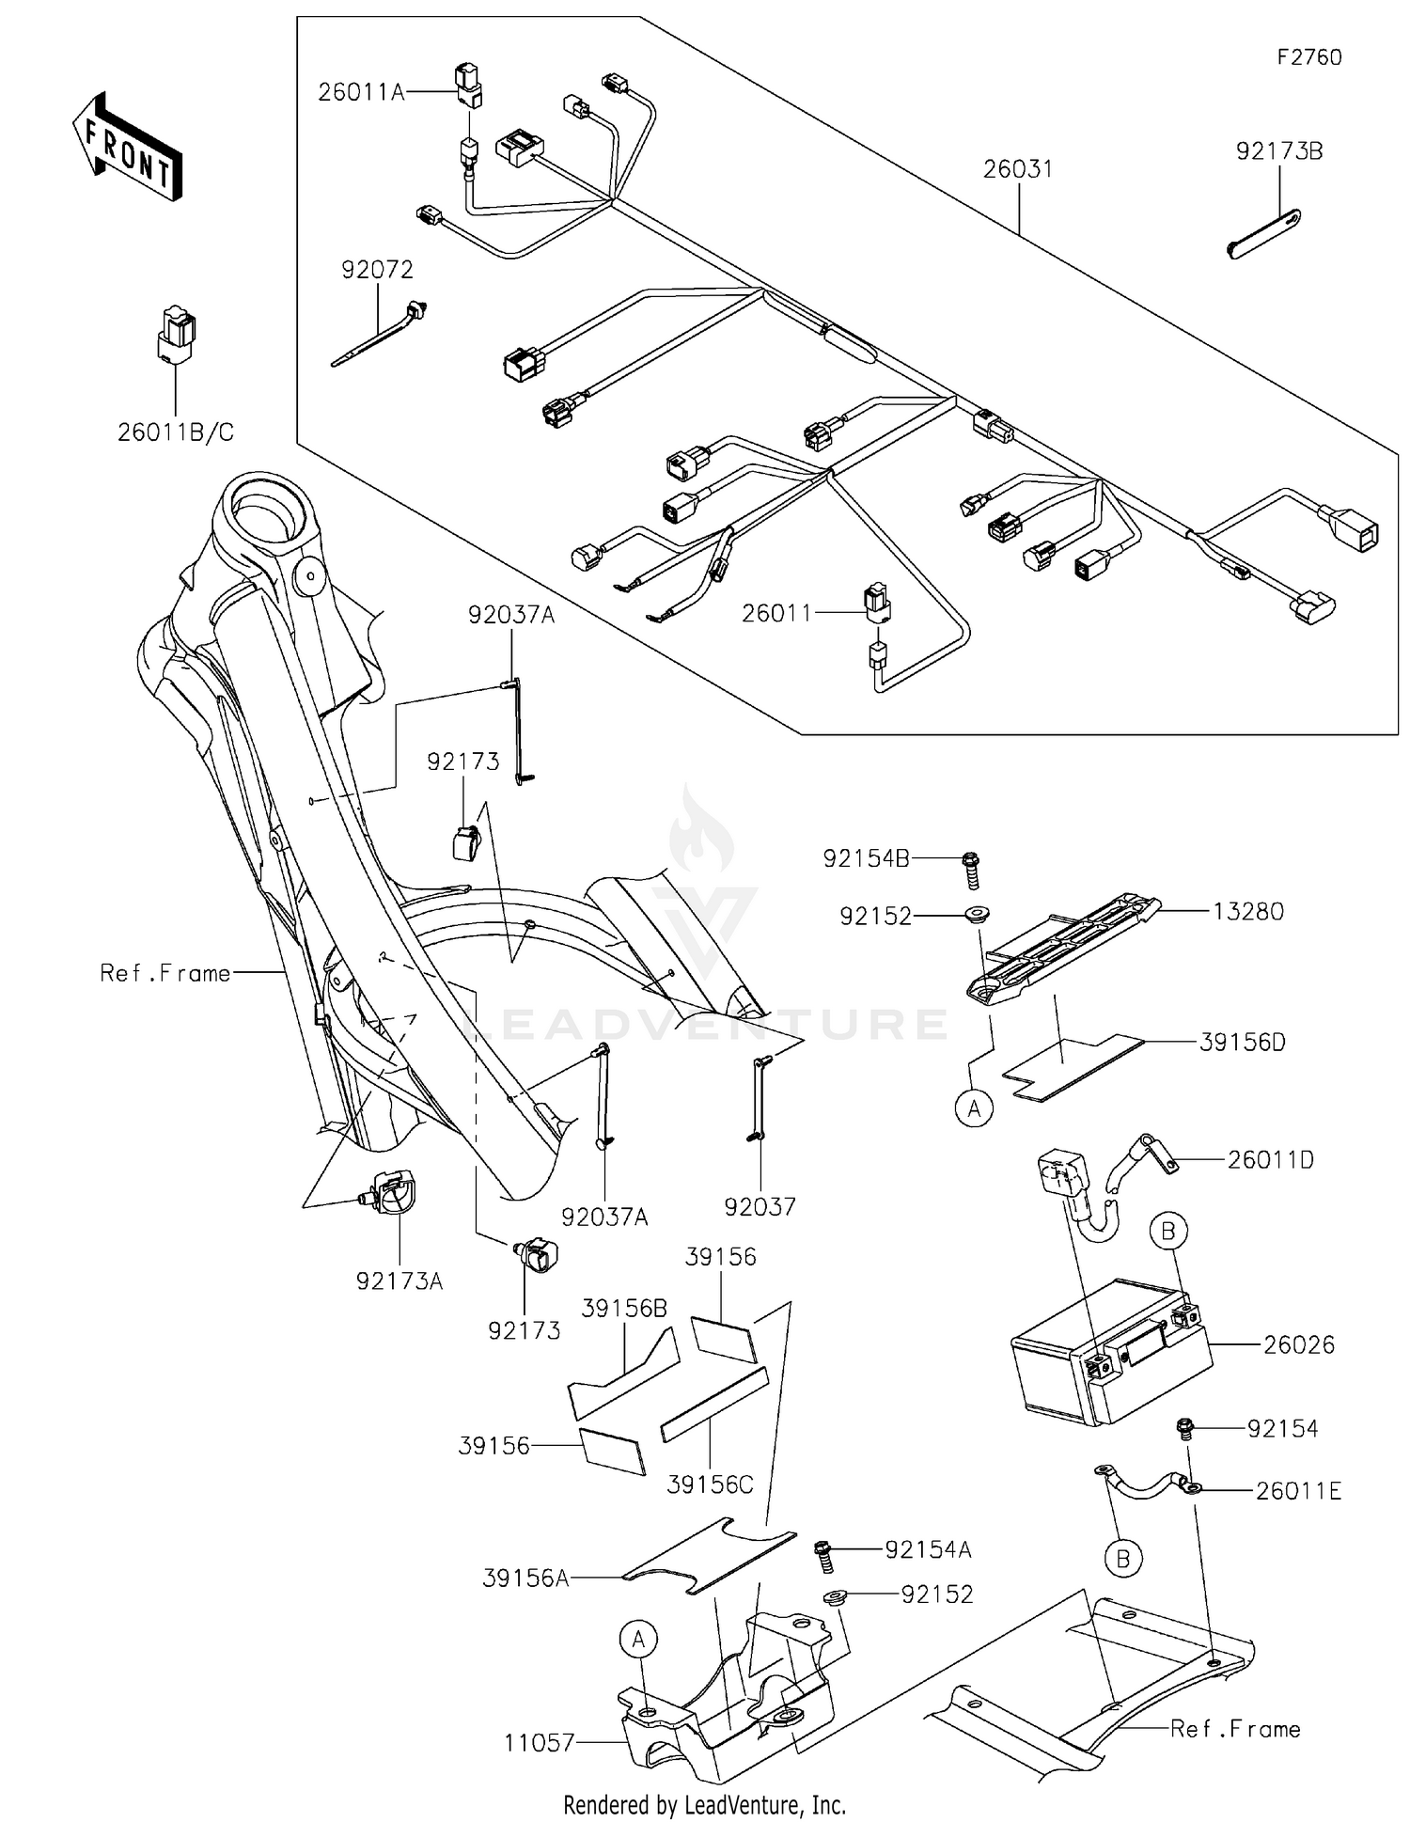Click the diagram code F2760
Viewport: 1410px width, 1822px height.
click(x=1308, y=57)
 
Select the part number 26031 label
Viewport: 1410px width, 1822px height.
click(x=1018, y=169)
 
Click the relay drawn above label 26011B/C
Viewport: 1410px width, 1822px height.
click(x=176, y=334)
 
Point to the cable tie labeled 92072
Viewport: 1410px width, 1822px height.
click(x=376, y=335)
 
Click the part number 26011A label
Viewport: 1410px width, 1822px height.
click(x=360, y=92)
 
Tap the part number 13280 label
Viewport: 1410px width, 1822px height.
click(x=1247, y=911)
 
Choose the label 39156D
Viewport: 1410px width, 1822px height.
click(x=1242, y=1042)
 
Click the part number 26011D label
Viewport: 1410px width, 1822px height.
click(x=1270, y=1159)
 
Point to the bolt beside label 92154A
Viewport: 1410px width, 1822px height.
click(x=824, y=1557)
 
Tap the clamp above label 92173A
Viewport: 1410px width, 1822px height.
click(x=390, y=1193)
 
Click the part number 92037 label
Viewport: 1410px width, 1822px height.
click(x=760, y=1206)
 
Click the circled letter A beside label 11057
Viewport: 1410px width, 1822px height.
click(x=638, y=1640)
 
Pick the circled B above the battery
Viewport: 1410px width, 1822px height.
click(x=1168, y=1231)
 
